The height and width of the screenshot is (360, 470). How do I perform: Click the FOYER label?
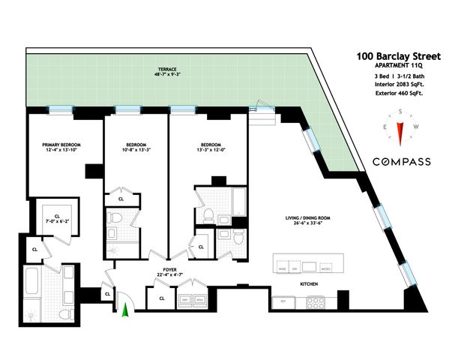pyautogui.click(x=170, y=268)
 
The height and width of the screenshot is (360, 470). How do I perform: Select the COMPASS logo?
pyautogui.click(x=402, y=161)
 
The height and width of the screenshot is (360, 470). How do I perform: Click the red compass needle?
pyautogui.click(x=402, y=133)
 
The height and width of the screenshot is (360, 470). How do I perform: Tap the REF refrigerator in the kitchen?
pyautogui.click(x=283, y=301)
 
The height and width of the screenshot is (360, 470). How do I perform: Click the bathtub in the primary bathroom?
pyautogui.click(x=33, y=281)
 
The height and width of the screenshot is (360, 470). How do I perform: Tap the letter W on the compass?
pyautogui.click(x=417, y=127)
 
